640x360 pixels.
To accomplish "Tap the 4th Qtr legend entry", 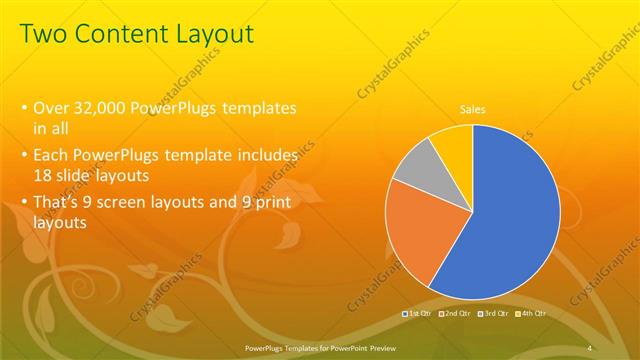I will (533, 314).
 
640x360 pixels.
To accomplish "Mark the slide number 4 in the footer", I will (591, 347).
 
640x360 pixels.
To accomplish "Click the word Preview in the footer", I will (376, 347).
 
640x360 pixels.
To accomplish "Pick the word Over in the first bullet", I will (52, 108).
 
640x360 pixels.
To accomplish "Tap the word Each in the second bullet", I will (52, 156).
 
